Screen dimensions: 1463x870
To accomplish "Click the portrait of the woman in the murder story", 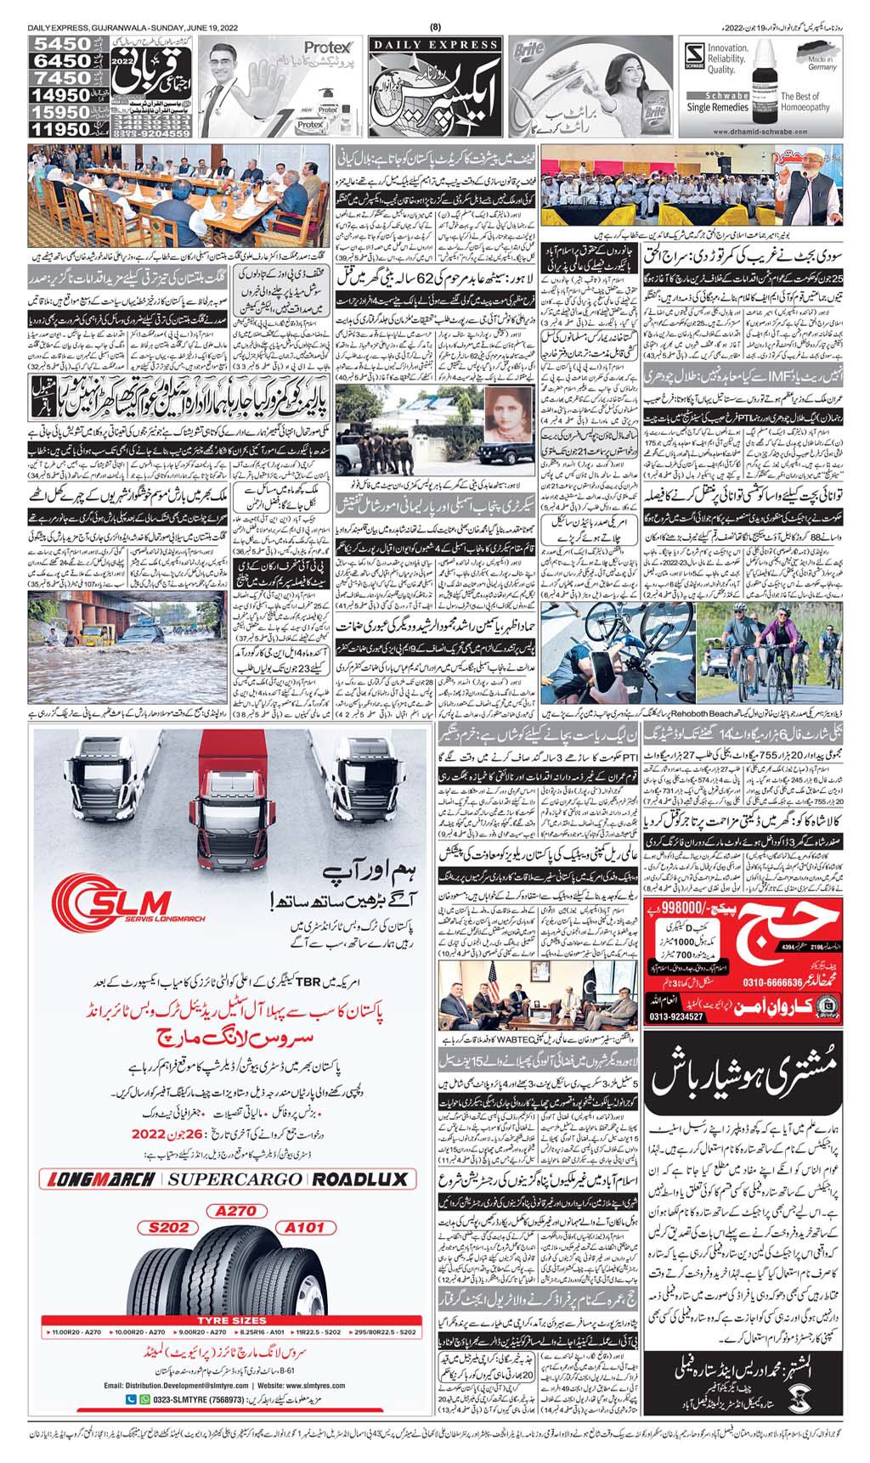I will (x=507, y=420).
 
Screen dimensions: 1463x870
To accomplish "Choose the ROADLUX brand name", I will (x=359, y=1179).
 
